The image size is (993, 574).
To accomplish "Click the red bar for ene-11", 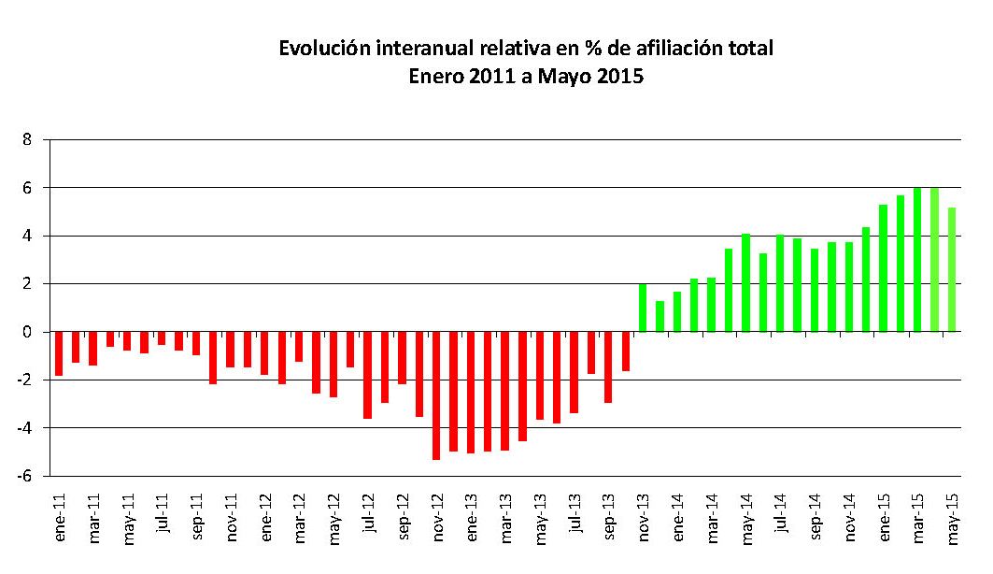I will pyautogui.click(x=59, y=353).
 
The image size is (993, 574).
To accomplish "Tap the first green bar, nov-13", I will pyautogui.click(x=643, y=308).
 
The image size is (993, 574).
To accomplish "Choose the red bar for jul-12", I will pyautogui.click(x=368, y=375).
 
